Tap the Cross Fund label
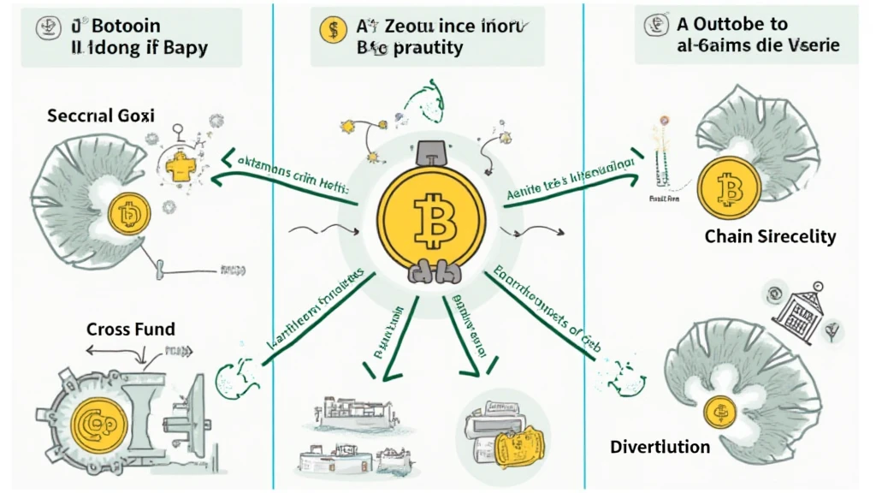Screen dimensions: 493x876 130,329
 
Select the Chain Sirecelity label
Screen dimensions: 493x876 770,237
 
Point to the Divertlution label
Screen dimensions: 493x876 660,447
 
